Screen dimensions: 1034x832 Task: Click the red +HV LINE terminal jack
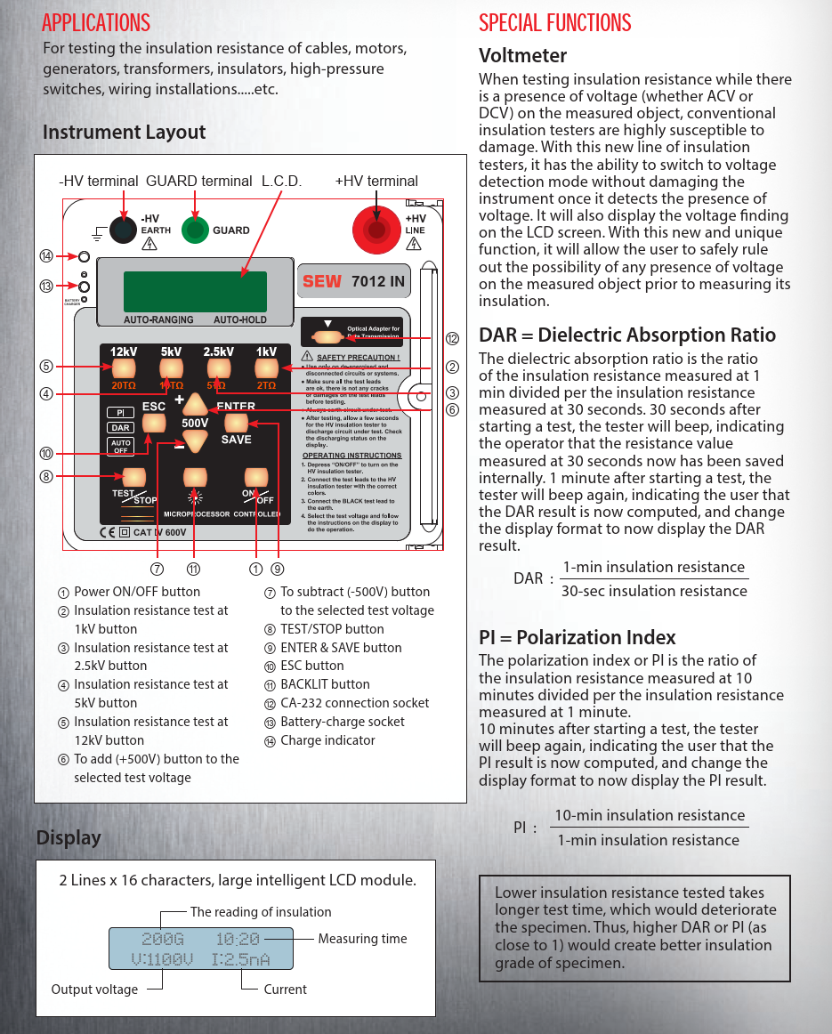click(377, 230)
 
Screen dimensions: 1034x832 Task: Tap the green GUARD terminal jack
click(195, 230)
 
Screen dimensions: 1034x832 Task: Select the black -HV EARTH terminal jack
click(121, 230)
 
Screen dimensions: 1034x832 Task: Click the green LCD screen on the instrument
click(195, 291)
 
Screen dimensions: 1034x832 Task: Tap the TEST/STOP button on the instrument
click(133, 477)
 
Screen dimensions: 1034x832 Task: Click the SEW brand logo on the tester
click(322, 281)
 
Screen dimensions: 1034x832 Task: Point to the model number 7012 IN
click(378, 281)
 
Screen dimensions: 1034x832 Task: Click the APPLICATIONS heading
click(96, 22)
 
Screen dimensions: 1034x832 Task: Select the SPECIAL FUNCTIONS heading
click(555, 22)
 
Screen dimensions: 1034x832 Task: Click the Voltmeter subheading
click(522, 55)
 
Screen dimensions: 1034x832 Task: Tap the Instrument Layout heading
click(124, 133)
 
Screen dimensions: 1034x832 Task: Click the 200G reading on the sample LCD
click(163, 939)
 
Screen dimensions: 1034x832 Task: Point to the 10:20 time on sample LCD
click(238, 939)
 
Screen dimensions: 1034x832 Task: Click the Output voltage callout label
click(94, 990)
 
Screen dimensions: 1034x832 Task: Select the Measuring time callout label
click(362, 939)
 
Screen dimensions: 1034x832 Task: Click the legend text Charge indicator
click(327, 740)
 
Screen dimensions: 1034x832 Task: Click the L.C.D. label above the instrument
click(282, 182)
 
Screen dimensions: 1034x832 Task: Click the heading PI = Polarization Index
click(578, 637)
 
